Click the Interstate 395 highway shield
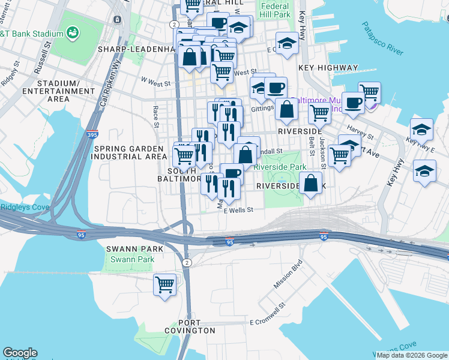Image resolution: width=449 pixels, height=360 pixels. click(x=92, y=135)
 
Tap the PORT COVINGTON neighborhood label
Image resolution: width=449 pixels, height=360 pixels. click(x=188, y=326)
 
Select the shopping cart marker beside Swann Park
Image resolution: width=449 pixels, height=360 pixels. click(x=164, y=285)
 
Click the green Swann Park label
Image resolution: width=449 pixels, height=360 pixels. click(x=132, y=260)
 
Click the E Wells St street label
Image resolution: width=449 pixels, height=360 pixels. click(x=239, y=210)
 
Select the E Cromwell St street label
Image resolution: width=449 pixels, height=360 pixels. click(x=270, y=316)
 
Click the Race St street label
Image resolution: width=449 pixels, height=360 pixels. click(x=155, y=117)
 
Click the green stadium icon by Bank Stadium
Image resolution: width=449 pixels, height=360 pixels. click(x=73, y=32)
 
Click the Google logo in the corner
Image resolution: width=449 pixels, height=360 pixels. click(x=20, y=353)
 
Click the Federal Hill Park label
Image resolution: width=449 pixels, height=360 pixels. click(x=275, y=10)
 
